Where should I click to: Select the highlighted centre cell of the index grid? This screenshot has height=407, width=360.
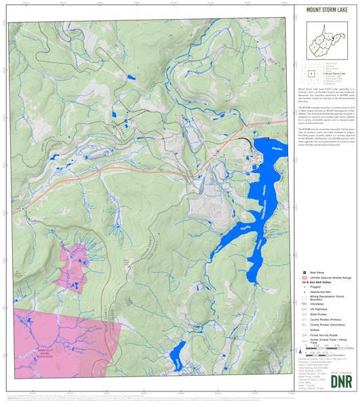pos(311,75)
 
